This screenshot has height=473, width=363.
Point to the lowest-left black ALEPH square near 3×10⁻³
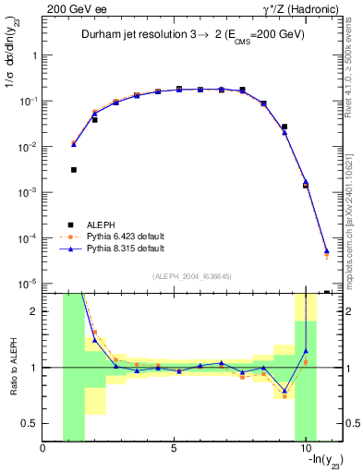(74, 170)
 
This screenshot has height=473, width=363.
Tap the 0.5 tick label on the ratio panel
(30, 423)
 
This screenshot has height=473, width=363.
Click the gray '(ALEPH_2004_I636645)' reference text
(192, 275)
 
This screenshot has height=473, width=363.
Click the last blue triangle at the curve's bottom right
(327, 250)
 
